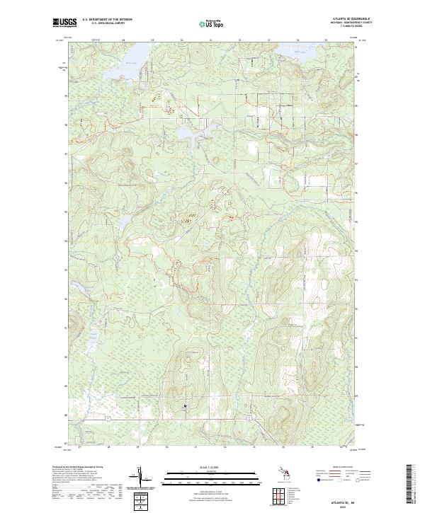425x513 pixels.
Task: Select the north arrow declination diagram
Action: [x=142, y=478]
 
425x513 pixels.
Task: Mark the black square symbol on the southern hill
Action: [x=186, y=405]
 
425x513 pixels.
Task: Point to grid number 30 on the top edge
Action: [x=182, y=40]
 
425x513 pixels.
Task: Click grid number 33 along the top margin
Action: [x=268, y=40]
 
